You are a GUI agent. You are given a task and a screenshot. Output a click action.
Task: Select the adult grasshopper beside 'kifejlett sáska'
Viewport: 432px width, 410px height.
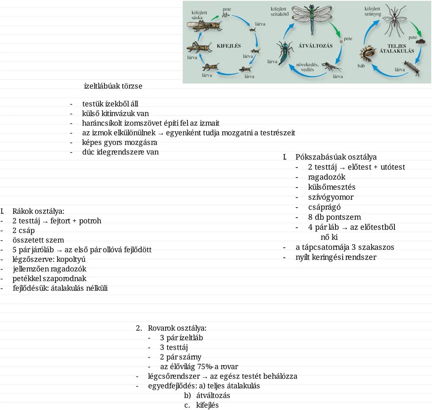pos(204,25)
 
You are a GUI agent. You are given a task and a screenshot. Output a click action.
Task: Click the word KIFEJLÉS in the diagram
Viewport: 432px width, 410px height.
pos(229,46)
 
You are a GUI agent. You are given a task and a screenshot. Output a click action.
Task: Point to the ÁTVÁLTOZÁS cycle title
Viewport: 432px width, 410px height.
pos(315,46)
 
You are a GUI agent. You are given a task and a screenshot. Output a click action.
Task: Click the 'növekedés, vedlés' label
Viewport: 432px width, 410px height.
pos(307,67)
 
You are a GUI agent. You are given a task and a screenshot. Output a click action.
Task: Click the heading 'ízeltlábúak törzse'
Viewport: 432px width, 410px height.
pos(113,86)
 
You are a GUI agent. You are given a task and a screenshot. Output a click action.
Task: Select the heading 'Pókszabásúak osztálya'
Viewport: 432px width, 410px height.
pos(336,157)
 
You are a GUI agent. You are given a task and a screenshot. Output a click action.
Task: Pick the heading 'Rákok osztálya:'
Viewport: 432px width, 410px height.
pos(38,211)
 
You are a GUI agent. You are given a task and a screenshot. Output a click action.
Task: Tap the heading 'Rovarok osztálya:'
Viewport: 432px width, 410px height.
pos(177,328)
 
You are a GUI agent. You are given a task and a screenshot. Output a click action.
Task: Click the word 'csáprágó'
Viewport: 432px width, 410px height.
pos(324,207)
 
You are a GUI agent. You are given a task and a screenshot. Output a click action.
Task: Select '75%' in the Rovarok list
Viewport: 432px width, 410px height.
pos(206,367)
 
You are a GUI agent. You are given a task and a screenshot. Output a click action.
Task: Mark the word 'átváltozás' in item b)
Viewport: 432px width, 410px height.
pos(213,396)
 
